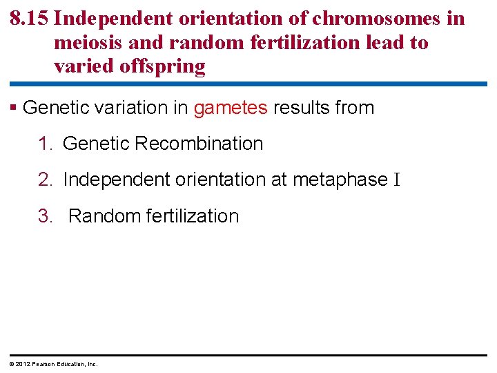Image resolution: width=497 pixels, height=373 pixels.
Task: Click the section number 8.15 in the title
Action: (x=30, y=19)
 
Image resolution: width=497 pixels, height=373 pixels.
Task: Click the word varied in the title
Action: (x=81, y=67)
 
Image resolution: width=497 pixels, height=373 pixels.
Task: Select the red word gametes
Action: (x=231, y=108)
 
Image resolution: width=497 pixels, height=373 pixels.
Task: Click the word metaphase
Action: (x=340, y=180)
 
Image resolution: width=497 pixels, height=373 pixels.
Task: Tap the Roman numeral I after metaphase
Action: (x=396, y=180)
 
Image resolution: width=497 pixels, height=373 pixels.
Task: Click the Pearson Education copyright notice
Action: (x=53, y=363)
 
